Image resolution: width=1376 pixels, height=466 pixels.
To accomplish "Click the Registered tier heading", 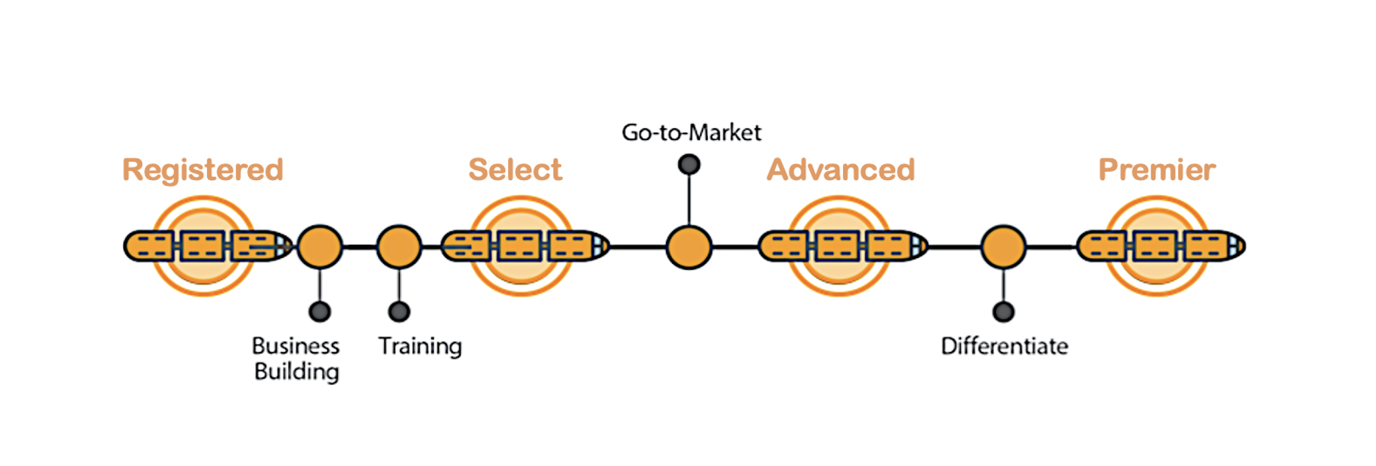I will pos(203,169).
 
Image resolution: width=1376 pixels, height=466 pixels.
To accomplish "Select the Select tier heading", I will pos(515,169).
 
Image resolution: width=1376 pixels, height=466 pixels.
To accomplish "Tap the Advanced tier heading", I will pos(841,169).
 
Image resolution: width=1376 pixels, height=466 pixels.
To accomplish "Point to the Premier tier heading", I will pos(1157,169).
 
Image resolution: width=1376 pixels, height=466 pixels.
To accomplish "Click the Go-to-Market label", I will pos(691,132).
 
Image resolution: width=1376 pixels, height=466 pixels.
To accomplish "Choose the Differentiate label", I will pos(1004,346).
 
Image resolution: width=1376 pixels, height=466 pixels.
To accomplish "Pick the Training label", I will pos(420,346).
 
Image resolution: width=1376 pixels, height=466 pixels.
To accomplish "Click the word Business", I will pos(296,346).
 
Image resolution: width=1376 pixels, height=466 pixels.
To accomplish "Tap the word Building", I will pos(296,371).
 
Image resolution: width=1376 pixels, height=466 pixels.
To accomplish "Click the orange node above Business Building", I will pos(320,247).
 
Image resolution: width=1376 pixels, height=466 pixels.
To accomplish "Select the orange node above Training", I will pos(399,247).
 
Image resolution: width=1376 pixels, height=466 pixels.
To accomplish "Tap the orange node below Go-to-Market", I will pos(689,247).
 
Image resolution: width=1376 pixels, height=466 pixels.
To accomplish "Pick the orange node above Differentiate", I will pos(1003,247).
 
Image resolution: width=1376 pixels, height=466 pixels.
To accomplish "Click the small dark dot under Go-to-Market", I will pos(689,164).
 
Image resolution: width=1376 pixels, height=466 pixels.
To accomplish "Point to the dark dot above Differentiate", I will pos(1003,311).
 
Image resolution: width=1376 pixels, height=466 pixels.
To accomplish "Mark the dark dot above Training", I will pos(399,311).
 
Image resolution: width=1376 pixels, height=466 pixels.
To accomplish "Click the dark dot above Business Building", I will pos(320,311).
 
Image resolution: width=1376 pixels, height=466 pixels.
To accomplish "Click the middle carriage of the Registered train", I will pos(203,247).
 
